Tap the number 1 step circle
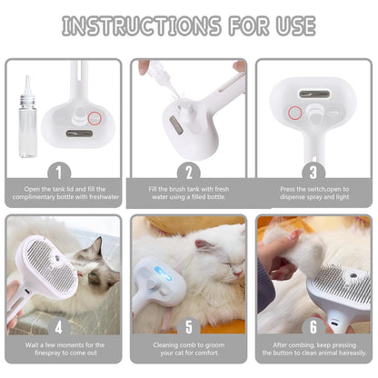pos(63,171)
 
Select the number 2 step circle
pos(188,171)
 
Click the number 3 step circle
pos(313,171)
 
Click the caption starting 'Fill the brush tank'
pos(188,194)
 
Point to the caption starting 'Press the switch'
pos(313,194)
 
